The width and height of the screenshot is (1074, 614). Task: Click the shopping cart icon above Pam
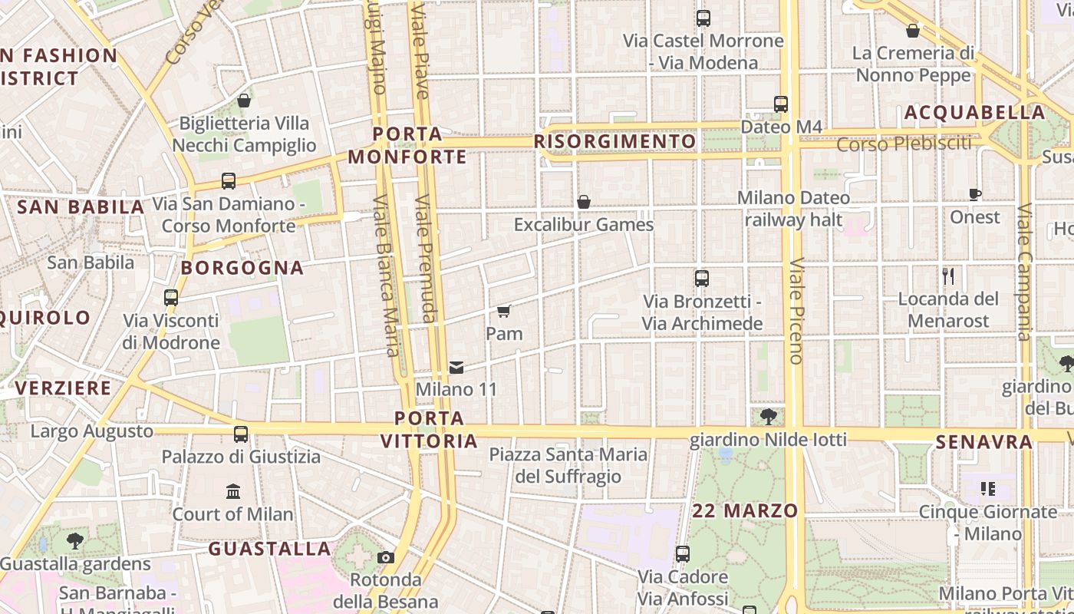click(503, 311)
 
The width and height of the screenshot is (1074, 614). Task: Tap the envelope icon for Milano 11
click(456, 367)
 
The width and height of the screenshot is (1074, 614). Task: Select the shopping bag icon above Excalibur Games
click(584, 202)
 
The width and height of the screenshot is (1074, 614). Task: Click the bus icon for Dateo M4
click(780, 104)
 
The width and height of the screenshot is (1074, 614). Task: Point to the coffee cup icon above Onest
click(975, 194)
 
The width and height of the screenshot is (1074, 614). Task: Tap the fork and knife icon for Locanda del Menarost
click(948, 276)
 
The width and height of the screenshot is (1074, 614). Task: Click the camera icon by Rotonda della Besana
click(386, 557)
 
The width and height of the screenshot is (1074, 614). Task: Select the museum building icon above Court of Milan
click(233, 491)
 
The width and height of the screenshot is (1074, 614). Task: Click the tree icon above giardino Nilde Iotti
click(768, 417)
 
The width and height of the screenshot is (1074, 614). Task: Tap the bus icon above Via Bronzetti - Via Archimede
click(701, 279)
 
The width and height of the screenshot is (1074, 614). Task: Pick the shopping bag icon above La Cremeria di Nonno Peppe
click(913, 31)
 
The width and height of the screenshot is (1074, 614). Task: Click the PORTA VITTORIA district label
click(430, 430)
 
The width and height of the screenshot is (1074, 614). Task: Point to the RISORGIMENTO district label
click(615, 141)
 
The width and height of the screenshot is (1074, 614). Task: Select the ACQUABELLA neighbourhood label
click(974, 113)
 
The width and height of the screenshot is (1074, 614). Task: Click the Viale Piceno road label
click(796, 310)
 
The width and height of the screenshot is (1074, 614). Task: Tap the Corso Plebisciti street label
click(903, 144)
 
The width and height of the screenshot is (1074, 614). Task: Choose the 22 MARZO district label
click(745, 510)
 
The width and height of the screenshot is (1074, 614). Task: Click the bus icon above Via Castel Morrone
click(703, 18)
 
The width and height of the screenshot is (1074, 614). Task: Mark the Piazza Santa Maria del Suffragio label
click(568, 465)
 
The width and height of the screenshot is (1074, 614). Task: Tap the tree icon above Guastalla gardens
click(75, 541)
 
